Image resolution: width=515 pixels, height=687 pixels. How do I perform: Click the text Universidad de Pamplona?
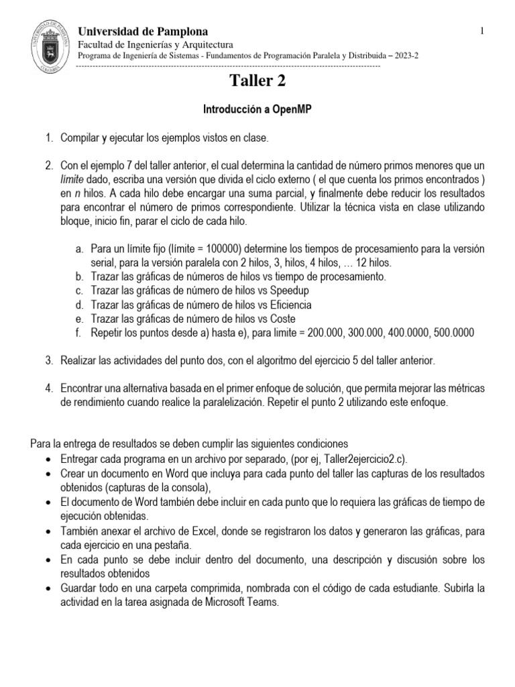(x=143, y=32)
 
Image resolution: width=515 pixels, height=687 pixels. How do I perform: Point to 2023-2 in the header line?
(x=402, y=56)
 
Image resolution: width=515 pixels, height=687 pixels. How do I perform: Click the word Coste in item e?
(x=282, y=318)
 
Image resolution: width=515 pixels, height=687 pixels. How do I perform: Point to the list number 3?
(x=49, y=361)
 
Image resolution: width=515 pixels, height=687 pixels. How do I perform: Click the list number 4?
(x=49, y=388)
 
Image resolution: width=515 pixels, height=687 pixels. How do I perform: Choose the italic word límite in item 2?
(x=74, y=178)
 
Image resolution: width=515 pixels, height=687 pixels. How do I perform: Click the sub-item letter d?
(x=78, y=304)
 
